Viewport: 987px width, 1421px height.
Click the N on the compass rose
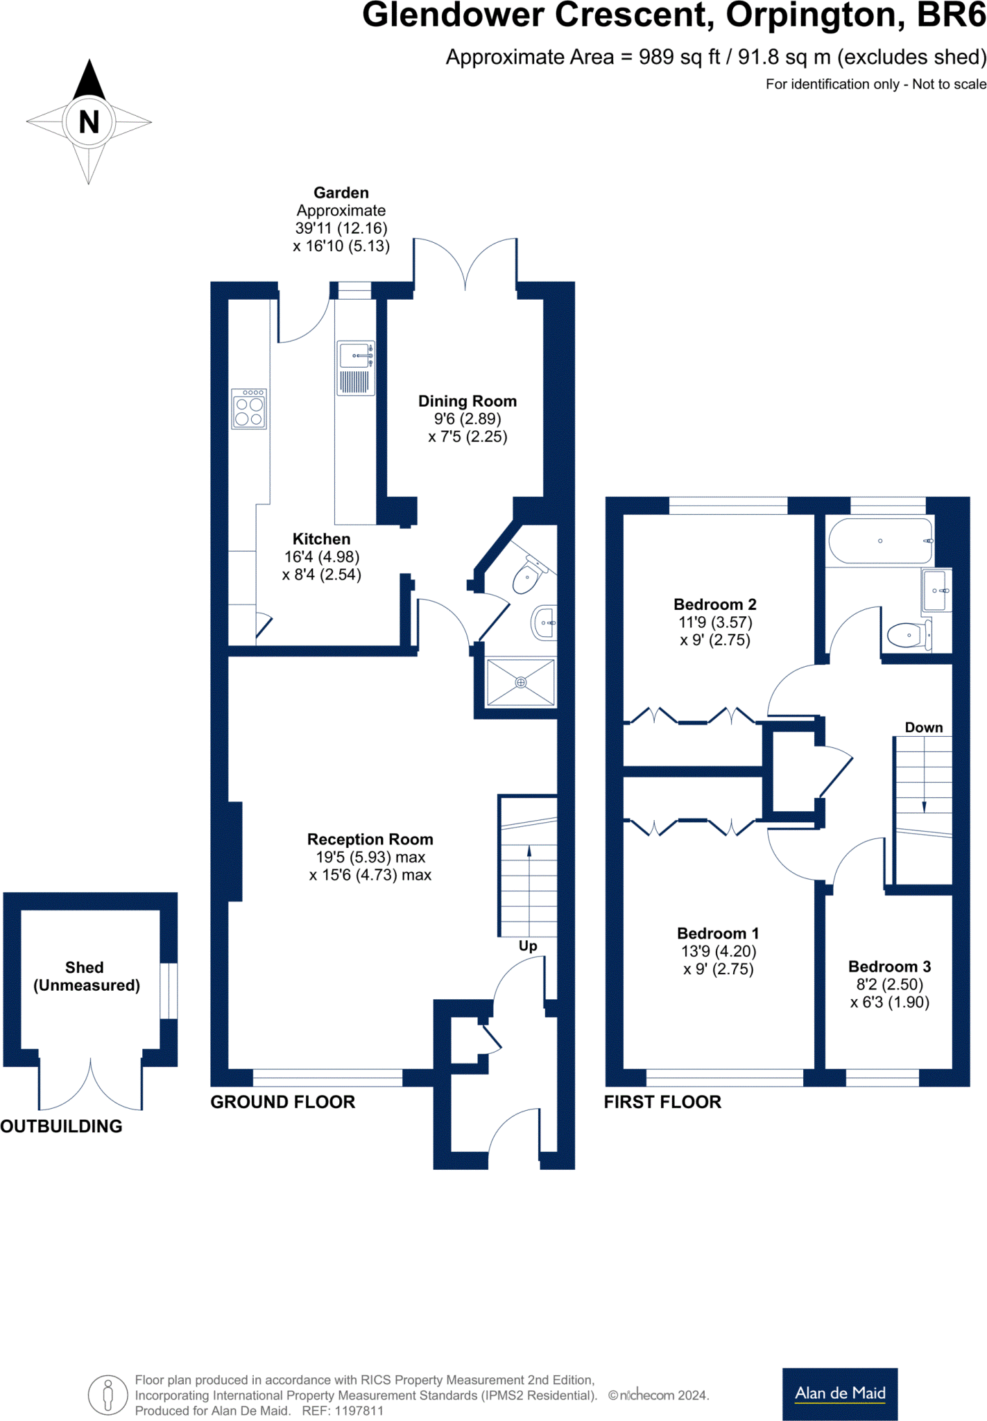click(x=89, y=122)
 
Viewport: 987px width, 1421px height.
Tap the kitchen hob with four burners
click(x=249, y=409)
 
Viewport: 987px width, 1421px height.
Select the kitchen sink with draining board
click(x=356, y=368)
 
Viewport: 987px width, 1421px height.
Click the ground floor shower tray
click(x=521, y=683)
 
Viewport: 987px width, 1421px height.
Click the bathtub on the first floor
click(x=880, y=541)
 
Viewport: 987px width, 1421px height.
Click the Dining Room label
click(x=467, y=401)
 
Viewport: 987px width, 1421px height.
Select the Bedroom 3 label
click(x=889, y=967)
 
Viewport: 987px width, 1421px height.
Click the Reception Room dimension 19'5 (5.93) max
click(x=370, y=858)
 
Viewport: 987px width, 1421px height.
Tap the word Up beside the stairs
click(x=528, y=946)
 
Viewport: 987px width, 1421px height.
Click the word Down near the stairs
click(x=923, y=727)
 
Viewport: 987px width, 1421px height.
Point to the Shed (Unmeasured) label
click(x=86, y=976)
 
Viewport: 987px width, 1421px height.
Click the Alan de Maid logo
click(x=839, y=1393)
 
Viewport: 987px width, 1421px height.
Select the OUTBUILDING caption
click(x=61, y=1126)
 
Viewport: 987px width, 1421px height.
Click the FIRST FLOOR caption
click(x=662, y=1102)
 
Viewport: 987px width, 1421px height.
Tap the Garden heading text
click(x=341, y=193)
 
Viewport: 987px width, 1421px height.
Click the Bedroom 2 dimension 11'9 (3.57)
click(x=715, y=622)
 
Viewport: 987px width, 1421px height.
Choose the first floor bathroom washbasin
click(x=936, y=590)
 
